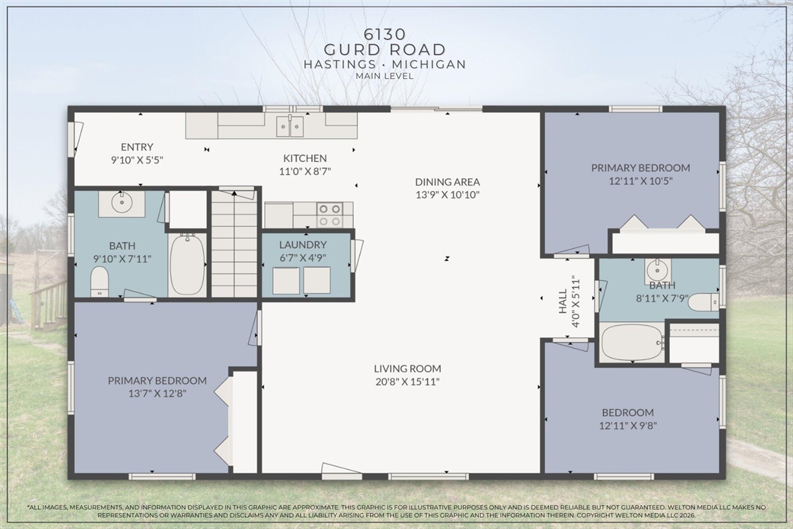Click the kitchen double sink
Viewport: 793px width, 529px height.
pos(290,126)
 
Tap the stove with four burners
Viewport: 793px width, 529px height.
pos(330,215)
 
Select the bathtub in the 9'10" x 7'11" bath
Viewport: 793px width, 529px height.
pos(187,265)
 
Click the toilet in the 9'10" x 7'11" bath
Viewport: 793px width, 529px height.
pos(100,282)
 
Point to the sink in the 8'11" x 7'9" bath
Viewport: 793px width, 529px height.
pos(657,271)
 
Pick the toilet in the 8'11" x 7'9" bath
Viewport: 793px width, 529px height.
pos(703,302)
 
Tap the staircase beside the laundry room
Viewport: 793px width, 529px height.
pos(234,245)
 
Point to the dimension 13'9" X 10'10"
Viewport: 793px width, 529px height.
pos(447,194)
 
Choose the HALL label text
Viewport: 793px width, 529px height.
pos(563,301)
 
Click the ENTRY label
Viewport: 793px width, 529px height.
pos(137,147)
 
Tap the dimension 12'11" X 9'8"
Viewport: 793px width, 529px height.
pos(628,425)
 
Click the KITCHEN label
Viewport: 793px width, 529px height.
pos(305,158)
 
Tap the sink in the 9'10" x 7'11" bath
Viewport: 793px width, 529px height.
pos(121,203)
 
